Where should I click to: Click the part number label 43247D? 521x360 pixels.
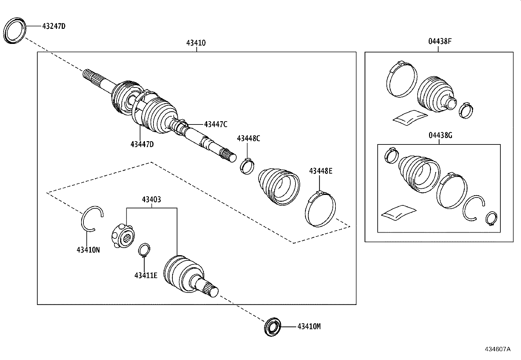click(54, 26)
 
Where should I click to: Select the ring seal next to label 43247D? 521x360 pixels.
click(14, 30)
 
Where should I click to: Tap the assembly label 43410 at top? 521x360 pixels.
click(196, 43)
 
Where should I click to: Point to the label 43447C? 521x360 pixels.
click(215, 124)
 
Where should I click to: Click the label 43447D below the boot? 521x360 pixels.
click(142, 144)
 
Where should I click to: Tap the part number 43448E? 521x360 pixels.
click(320, 171)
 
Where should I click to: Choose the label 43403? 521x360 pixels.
click(151, 199)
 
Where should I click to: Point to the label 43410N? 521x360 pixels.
click(88, 250)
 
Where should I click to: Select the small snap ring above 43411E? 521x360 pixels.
click(144, 250)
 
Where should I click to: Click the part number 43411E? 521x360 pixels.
click(146, 275)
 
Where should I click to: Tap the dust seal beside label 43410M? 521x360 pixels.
click(273, 327)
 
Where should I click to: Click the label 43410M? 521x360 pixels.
click(309, 327)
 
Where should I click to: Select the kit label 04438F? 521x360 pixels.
click(440, 42)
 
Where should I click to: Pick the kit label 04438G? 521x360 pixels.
click(440, 135)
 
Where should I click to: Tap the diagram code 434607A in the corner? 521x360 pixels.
click(497, 349)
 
